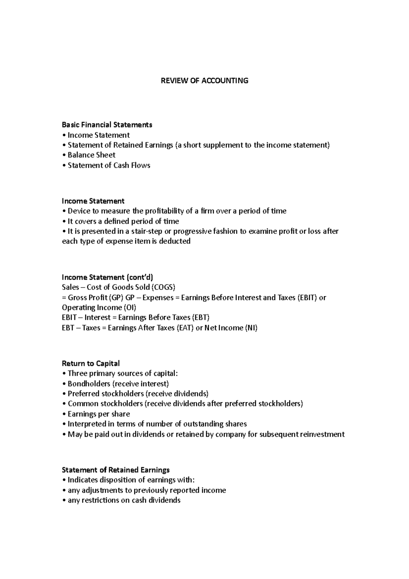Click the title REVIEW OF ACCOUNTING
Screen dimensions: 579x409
[204, 81]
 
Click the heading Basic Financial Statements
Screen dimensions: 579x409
[107, 125]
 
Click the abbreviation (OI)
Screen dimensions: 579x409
[129, 308]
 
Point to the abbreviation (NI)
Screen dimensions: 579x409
[251, 328]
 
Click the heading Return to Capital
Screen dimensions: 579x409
[91, 363]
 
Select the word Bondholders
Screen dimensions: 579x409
[89, 384]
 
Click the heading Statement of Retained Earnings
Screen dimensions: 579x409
[116, 470]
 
